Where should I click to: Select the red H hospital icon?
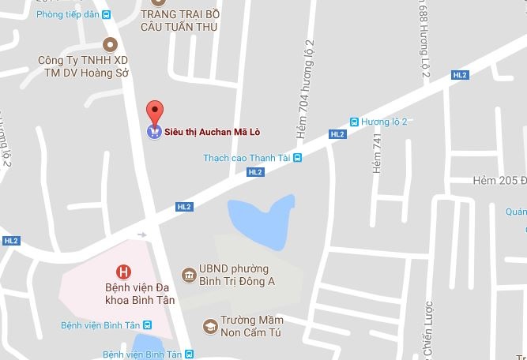tap(122, 272)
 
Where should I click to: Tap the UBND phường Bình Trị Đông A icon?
tap(190, 275)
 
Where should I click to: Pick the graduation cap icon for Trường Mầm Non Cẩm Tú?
tap(210, 326)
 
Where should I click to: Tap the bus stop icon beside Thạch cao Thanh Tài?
tap(297, 157)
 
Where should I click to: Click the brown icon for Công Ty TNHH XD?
tap(110, 44)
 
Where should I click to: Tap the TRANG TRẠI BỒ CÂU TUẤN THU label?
tap(179, 21)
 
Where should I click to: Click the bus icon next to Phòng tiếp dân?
tap(107, 13)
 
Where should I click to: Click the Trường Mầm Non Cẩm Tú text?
tap(252, 326)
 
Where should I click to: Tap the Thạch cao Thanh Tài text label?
tap(247, 157)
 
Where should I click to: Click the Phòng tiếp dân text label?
tap(67, 13)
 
